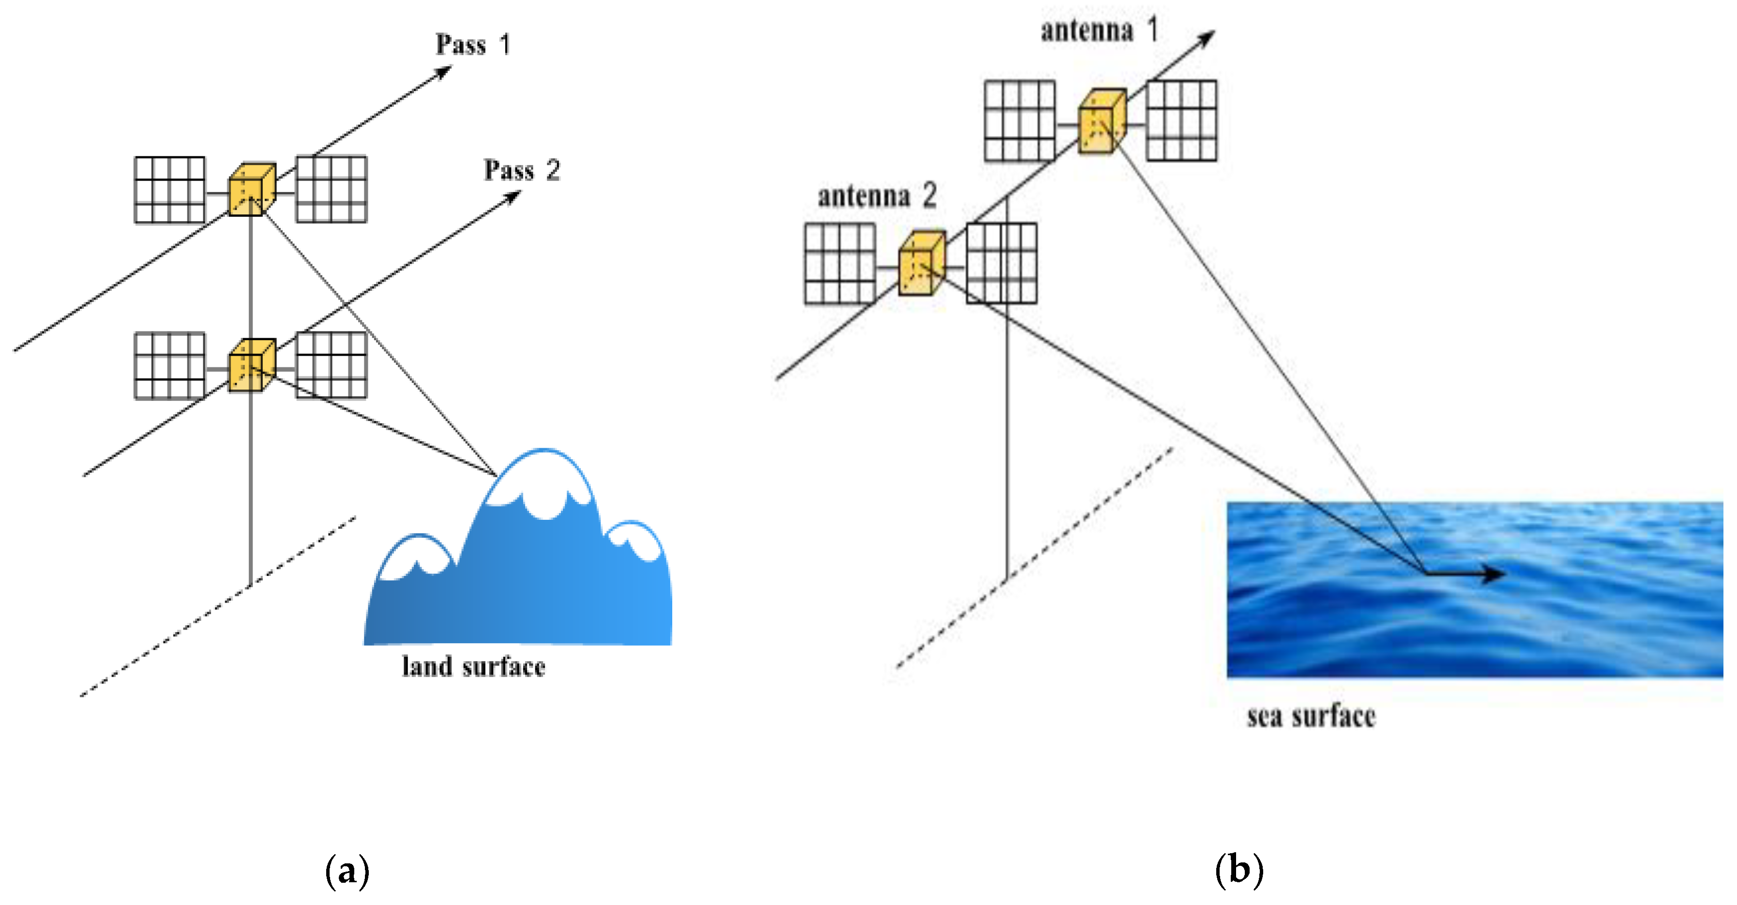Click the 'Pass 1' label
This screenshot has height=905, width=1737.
coord(472,45)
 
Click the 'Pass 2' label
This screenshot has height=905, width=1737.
coord(521,170)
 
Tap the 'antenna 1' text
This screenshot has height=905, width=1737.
coord(1099,30)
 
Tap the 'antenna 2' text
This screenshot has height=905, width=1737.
coord(876,196)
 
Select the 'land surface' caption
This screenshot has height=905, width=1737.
coord(473,667)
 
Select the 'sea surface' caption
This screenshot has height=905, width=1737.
coord(1310,716)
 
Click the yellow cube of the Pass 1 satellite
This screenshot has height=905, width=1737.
coord(251,190)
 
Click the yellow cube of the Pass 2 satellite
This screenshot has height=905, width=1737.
coord(251,365)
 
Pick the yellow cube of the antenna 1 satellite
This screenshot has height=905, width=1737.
coord(1101,122)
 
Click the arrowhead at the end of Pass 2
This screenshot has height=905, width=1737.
coord(514,196)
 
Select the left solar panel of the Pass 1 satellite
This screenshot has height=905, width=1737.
coord(169,190)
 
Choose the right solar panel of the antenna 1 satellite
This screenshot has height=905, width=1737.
coord(1181,121)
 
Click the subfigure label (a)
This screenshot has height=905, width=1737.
coord(347,871)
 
